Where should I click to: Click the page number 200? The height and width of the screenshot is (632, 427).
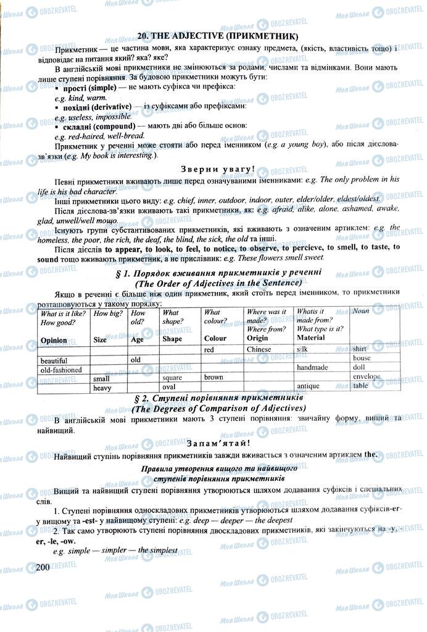tap(43, 567)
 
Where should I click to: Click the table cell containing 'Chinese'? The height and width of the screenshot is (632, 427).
tap(259, 349)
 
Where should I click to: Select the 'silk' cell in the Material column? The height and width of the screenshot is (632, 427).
tap(302, 349)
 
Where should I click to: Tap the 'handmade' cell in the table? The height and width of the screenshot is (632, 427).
tap(312, 368)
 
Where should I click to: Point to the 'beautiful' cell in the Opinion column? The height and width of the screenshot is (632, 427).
tap(54, 359)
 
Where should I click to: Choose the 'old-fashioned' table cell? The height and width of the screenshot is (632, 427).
tap(61, 369)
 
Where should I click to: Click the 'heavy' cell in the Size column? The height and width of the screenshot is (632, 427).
tap(102, 388)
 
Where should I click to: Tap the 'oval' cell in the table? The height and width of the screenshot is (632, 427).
tap(168, 386)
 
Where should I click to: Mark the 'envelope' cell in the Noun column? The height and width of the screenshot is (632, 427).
tap(366, 376)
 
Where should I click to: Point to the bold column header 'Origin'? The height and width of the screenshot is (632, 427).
tap(257, 338)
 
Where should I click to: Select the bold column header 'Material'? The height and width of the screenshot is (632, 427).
tap(310, 338)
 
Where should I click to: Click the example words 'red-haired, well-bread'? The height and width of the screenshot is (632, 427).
tap(106, 136)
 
